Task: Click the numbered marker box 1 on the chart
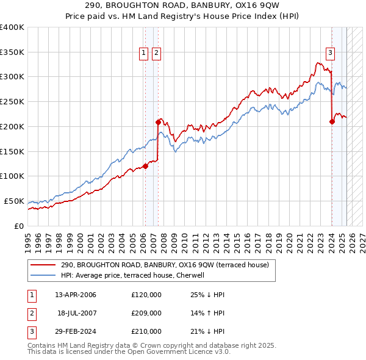coord(145,53)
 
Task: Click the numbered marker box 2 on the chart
coord(156,53)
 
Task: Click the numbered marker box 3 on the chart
coord(330,53)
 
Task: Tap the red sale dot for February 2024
coord(332,121)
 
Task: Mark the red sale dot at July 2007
coord(158,122)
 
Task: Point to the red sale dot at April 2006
coord(145,166)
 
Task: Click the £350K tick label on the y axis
coord(12,52)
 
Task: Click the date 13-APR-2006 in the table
coord(76,295)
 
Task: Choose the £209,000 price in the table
coord(146,313)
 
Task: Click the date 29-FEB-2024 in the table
coord(76,331)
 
